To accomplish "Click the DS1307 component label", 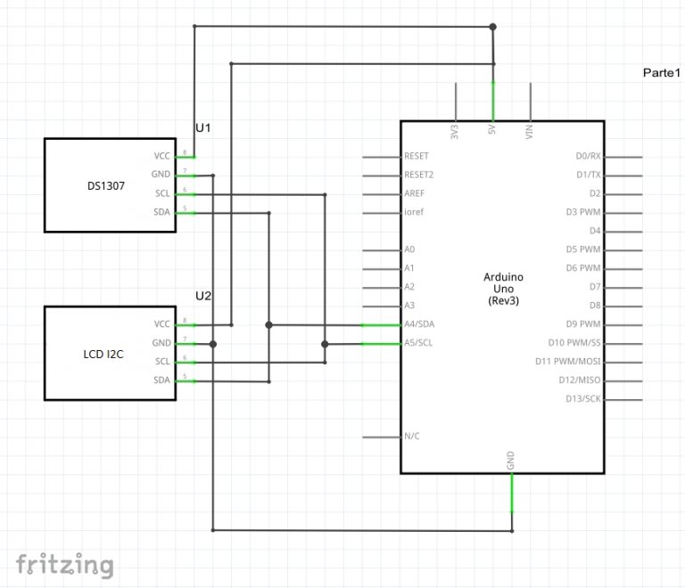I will tap(106, 185).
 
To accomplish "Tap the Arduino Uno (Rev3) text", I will tap(503, 289).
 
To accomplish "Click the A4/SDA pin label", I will tap(419, 324).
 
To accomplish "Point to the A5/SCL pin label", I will tap(418, 343).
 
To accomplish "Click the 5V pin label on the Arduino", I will tap(492, 130).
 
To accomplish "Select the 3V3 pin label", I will tap(455, 132).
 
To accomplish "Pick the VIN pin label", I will tap(530, 132).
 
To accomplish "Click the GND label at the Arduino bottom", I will tap(511, 460).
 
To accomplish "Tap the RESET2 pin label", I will tap(419, 175).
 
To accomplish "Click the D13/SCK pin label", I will tap(583, 399).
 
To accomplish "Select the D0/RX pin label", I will tap(590, 156).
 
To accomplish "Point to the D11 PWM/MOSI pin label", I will tap(569, 362).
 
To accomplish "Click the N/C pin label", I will tap(412, 437).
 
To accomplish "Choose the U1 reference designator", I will tap(203, 127).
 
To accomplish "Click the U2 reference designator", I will tap(203, 295).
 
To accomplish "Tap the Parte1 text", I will tap(662, 72).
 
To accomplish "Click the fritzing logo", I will tap(64, 564).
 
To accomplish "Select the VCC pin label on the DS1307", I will tap(161, 156).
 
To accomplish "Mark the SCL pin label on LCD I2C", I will tap(161, 362).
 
